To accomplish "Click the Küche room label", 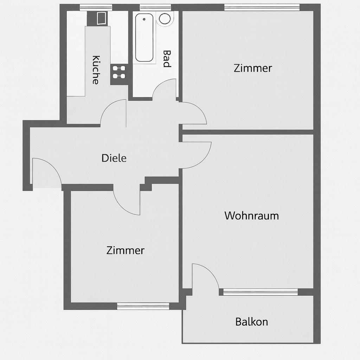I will click(x=95, y=70).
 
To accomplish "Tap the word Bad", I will click(x=167, y=59).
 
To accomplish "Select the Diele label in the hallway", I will click(x=114, y=158).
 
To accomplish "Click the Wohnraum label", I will click(x=251, y=216).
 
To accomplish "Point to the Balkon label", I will click(x=251, y=322).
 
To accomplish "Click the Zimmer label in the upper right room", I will click(x=253, y=68).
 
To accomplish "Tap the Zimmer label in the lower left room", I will click(x=125, y=250).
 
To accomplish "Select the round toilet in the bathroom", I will click(x=164, y=18).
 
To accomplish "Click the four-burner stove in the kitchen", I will click(x=119, y=72).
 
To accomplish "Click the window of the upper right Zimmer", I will click(x=262, y=7).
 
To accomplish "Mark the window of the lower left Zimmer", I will click(x=143, y=306).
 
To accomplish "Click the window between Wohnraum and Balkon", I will click(x=260, y=292).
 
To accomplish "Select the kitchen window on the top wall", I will click(x=96, y=7).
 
